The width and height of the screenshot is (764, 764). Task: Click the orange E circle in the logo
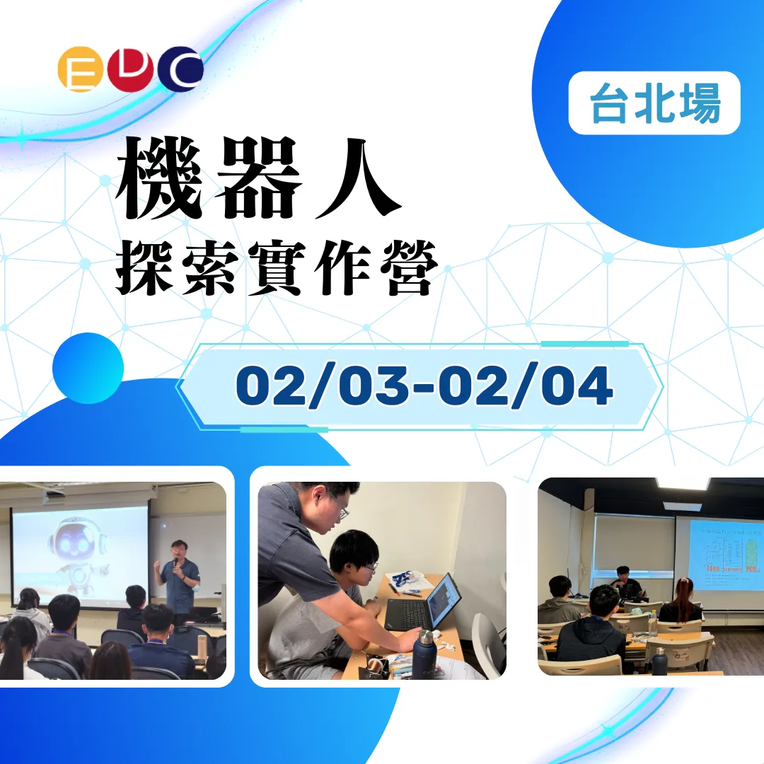[x=76, y=69]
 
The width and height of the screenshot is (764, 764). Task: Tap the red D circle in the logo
[x=129, y=69]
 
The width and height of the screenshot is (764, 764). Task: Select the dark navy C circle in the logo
[x=181, y=69]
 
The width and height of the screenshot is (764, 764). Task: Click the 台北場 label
[x=654, y=103]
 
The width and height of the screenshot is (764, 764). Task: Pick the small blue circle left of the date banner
[x=88, y=368]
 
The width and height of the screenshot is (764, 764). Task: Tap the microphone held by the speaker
[x=175, y=562]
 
